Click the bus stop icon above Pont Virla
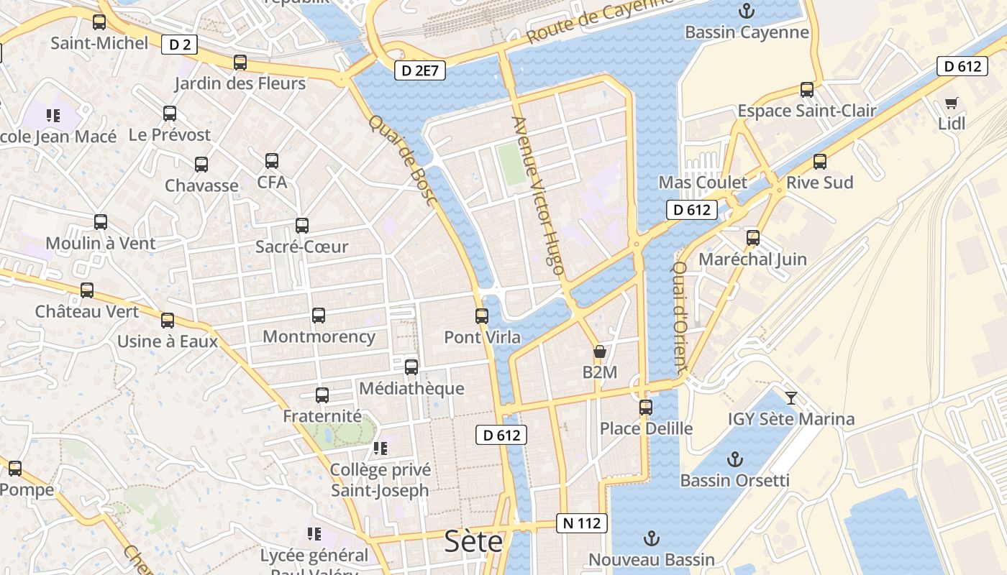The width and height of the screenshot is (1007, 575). tap(482, 316)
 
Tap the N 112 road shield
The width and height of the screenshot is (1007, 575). tap(582, 523)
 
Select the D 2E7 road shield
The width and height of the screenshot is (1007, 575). tap(420, 70)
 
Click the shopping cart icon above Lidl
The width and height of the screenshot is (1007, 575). tap(952, 103)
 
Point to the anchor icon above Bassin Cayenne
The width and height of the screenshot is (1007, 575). tap(747, 11)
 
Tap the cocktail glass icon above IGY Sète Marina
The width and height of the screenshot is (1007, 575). tap(791, 397)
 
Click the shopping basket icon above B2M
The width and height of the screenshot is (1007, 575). tap(599, 351)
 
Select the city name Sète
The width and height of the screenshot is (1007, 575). tap(473, 540)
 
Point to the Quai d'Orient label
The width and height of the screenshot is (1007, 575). tap(679, 316)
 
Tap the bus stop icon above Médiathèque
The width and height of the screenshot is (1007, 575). tap(411, 367)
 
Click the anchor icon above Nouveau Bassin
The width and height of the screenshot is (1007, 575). tap(652, 538)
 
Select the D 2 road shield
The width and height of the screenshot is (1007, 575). tap(180, 45)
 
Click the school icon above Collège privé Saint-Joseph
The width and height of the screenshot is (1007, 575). tap(380, 449)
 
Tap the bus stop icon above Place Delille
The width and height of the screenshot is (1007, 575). tap(646, 408)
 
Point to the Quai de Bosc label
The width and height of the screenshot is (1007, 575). tap(403, 160)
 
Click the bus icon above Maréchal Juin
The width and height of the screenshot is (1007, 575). tap(752, 237)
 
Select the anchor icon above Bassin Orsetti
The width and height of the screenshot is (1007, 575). tap(734, 459)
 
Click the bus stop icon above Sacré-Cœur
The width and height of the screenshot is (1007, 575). tap(302, 226)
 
